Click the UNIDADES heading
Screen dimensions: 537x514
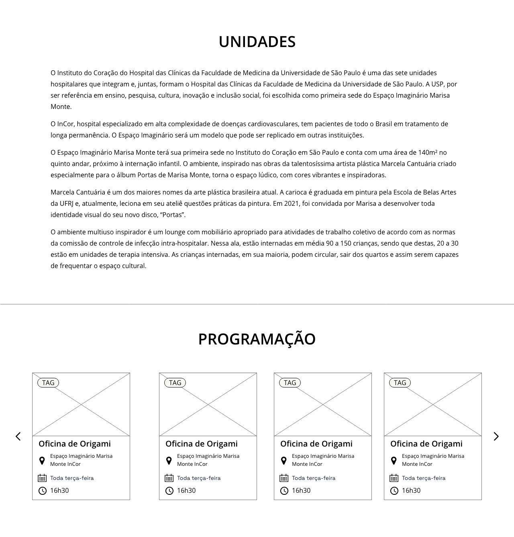257,42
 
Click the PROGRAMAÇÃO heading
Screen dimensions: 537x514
257,339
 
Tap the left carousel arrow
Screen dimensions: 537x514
18,436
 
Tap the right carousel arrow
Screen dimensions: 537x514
496,436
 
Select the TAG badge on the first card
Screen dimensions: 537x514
48,383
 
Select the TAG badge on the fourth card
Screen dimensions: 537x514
400,383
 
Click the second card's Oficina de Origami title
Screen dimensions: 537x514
202,444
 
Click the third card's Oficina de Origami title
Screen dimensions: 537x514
316,444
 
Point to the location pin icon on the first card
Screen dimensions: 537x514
42,460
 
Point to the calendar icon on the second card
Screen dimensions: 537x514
169,478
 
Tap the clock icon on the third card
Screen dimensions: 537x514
284,490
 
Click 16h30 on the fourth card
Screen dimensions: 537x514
411,490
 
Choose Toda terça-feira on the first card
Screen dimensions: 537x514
72,478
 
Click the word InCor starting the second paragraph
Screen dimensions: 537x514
65,124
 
